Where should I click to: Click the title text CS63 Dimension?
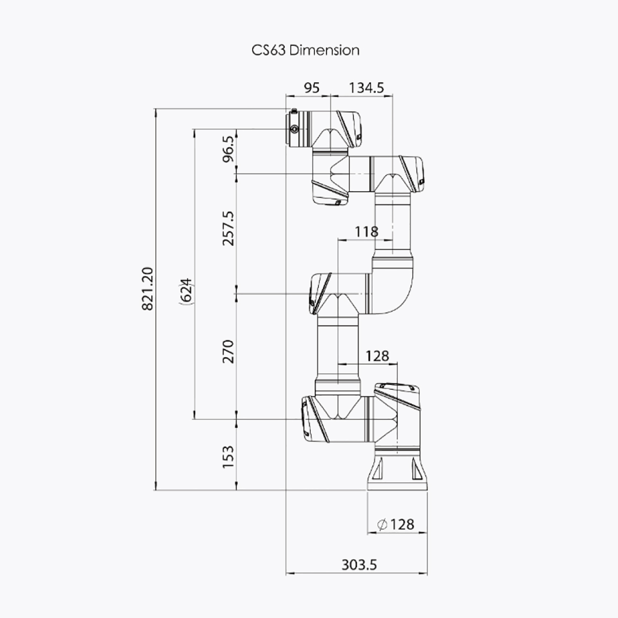click(x=305, y=50)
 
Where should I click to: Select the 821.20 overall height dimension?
click(x=148, y=289)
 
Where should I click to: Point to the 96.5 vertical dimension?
click(x=229, y=149)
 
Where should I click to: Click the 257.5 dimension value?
click(x=229, y=229)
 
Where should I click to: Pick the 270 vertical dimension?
click(x=229, y=351)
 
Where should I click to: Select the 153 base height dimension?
click(x=229, y=457)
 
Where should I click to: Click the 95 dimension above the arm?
click(x=312, y=88)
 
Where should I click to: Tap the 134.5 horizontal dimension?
click(x=366, y=88)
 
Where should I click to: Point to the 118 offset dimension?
click(x=367, y=231)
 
